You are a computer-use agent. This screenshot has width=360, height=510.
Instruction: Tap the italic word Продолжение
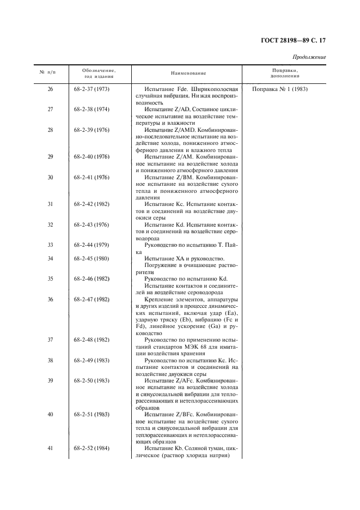point(309,57)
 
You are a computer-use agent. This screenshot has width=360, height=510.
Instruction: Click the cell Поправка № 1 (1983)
point(280,89)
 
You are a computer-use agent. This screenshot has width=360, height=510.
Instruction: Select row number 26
point(50,89)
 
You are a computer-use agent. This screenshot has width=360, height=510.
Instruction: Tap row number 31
point(50,204)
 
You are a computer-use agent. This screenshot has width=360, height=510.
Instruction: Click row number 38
point(50,360)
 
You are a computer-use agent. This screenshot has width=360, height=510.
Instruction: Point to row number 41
point(50,448)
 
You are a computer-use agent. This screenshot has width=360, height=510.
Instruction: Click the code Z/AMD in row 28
point(183,130)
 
